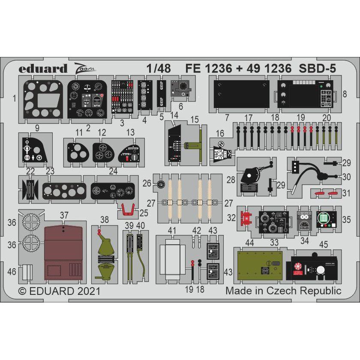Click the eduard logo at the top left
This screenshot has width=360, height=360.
[x=43, y=69]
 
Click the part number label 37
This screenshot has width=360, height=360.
[x=64, y=215]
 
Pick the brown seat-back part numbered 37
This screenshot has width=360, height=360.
[x=63, y=253]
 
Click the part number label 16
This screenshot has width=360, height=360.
[x=220, y=133]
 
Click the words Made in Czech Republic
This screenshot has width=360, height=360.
[x=283, y=291]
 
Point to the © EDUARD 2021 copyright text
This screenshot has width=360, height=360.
[x=60, y=291]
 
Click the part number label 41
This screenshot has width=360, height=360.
[x=172, y=231]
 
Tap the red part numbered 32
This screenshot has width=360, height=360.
[x=246, y=218]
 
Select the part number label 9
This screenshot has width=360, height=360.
[x=37, y=127]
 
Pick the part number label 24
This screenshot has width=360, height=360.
[x=113, y=171]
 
